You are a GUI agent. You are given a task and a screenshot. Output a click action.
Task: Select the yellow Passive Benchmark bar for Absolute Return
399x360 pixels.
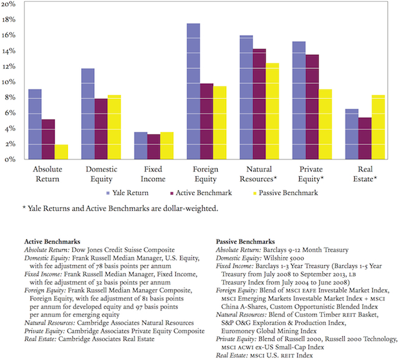pos(62,152)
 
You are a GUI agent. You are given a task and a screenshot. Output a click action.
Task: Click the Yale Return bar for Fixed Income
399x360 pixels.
pos(141,146)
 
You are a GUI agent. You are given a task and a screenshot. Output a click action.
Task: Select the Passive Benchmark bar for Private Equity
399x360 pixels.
pos(325,125)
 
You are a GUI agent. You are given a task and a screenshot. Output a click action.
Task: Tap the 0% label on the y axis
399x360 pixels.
pos(10,159)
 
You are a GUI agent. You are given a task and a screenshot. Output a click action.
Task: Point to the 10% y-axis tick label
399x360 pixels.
pos(8,82)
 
